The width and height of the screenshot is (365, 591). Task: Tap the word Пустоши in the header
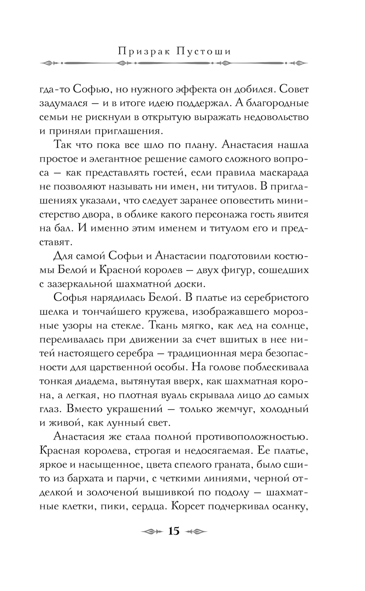(x=204, y=52)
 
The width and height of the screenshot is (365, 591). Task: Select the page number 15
(x=174, y=531)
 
